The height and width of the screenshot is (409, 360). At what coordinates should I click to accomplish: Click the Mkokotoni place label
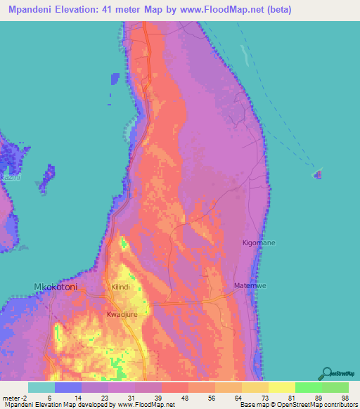(x=56, y=287)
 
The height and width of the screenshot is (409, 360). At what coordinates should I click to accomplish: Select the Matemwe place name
(x=250, y=285)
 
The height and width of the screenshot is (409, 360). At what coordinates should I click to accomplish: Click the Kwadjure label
(x=122, y=314)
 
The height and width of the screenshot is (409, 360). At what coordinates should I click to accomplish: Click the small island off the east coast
(x=318, y=174)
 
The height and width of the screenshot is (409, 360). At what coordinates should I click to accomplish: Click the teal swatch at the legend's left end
(x=41, y=387)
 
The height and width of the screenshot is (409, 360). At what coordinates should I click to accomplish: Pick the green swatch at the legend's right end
(x=335, y=387)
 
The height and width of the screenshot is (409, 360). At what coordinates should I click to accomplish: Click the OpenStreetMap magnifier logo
(x=326, y=372)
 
